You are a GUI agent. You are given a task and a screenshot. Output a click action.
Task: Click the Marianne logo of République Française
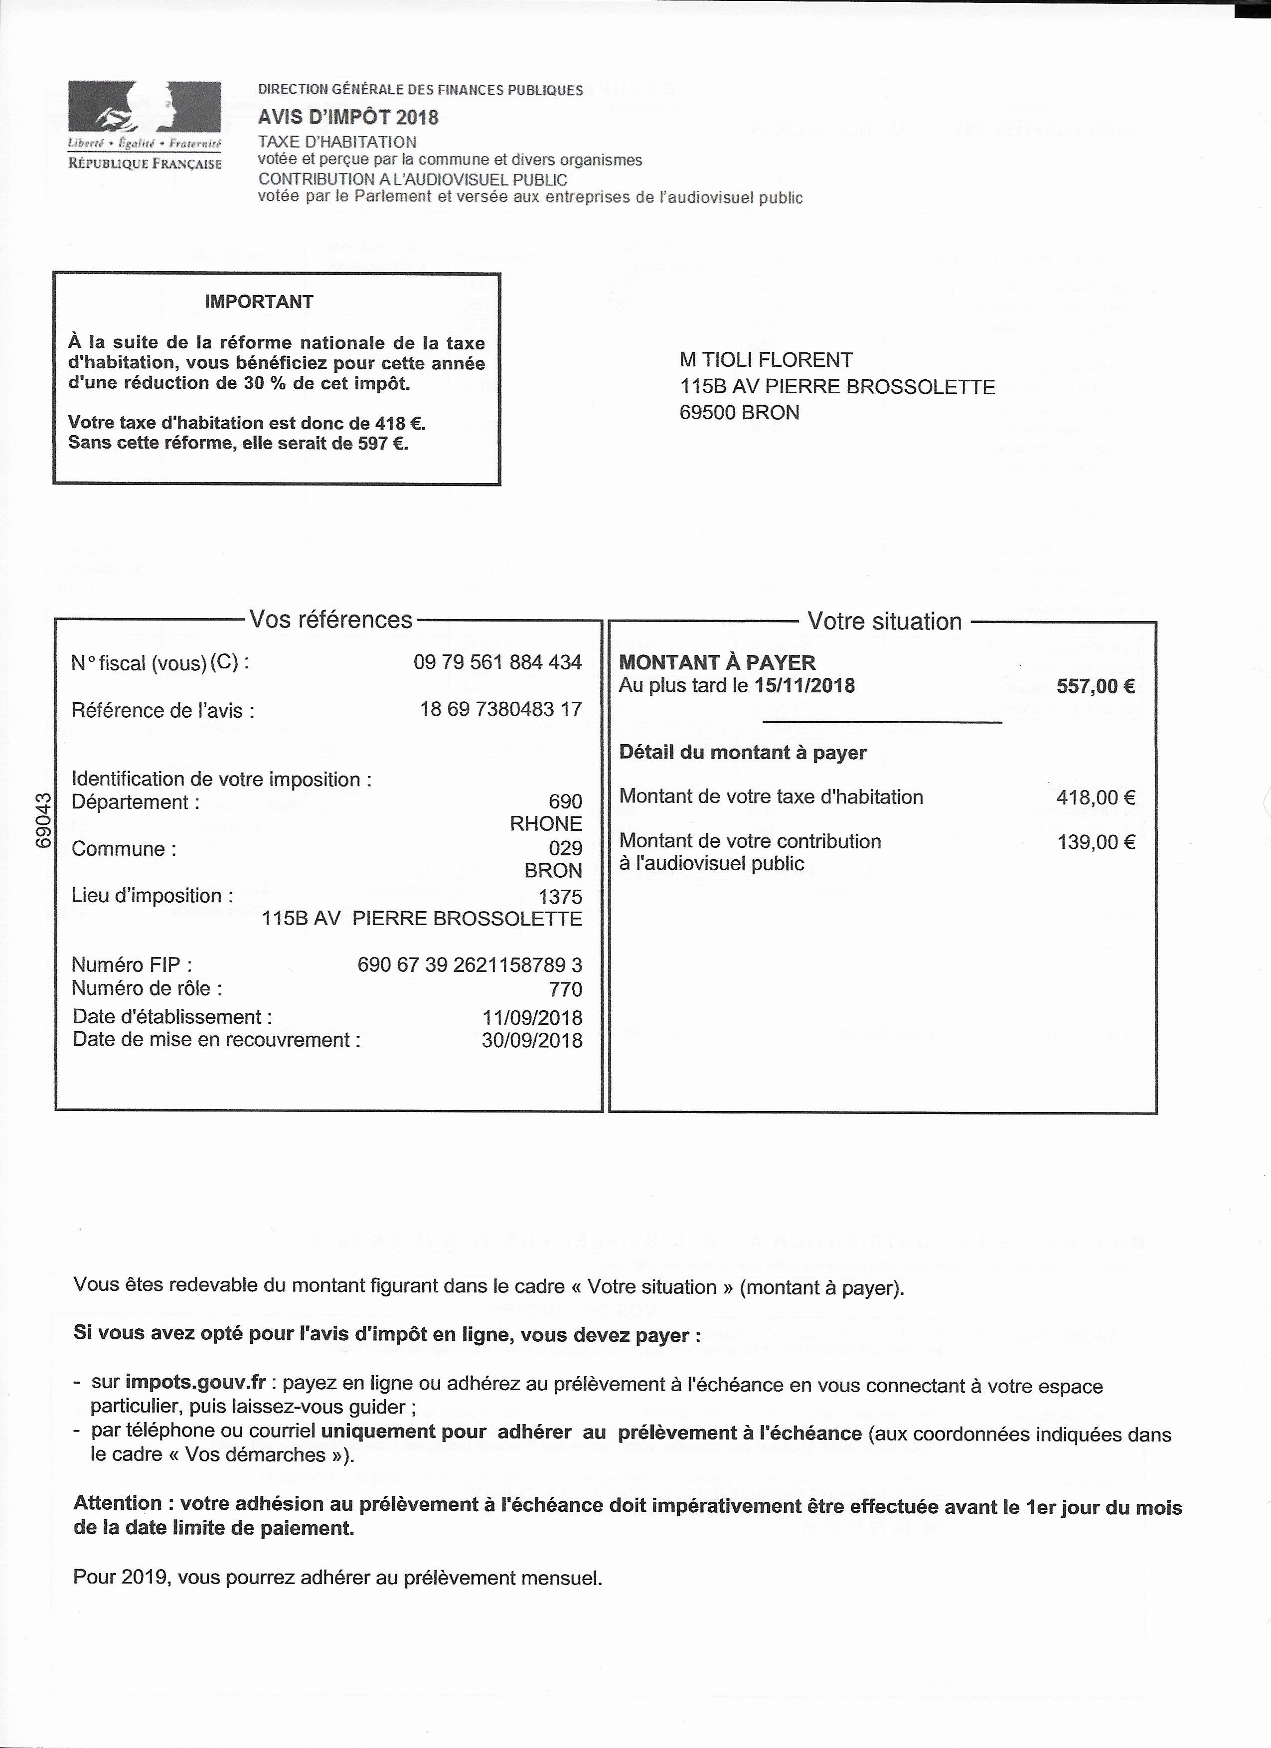pyautogui.click(x=144, y=108)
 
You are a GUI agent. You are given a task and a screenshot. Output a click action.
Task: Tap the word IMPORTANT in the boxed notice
pyautogui.click(x=259, y=302)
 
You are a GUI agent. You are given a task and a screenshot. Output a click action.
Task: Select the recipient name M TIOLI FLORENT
pyautogui.click(x=766, y=360)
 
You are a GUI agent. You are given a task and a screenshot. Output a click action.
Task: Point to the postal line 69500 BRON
pyautogui.click(x=739, y=412)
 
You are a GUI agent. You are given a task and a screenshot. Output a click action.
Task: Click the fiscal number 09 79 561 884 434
pyautogui.click(x=497, y=662)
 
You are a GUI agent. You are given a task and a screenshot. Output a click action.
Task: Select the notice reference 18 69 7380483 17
pyautogui.click(x=500, y=709)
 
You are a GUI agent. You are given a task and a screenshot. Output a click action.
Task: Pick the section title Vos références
pyautogui.click(x=330, y=620)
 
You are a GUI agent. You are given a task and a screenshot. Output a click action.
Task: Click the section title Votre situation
pyautogui.click(x=884, y=621)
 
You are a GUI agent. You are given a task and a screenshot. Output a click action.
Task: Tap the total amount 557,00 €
pyautogui.click(x=1095, y=686)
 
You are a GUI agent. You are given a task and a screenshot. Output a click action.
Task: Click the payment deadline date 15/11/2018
pyautogui.click(x=804, y=686)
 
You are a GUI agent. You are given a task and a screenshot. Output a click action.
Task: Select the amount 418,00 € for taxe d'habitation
pyautogui.click(x=1095, y=797)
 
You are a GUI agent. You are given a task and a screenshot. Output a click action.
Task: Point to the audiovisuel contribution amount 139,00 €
pyautogui.click(x=1095, y=842)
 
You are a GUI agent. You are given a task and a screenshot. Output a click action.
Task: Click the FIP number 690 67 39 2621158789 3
pyautogui.click(x=470, y=965)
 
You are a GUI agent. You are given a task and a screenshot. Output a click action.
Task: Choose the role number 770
pyautogui.click(x=566, y=989)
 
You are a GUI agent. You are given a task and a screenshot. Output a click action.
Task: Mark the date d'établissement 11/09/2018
pyautogui.click(x=532, y=1017)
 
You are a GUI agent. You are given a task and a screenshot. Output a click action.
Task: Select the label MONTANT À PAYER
pyautogui.click(x=717, y=662)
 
